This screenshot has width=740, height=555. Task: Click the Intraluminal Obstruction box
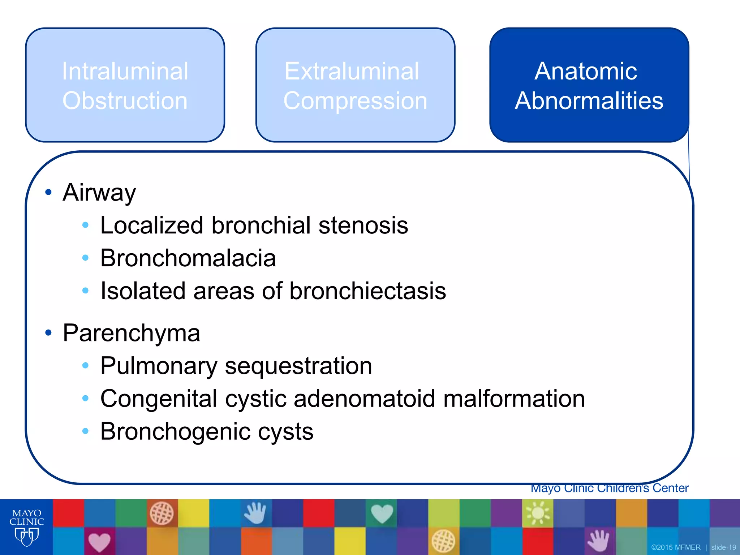click(125, 85)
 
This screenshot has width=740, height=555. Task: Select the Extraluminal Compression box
click(355, 85)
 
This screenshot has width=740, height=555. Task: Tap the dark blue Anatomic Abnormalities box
click(589, 85)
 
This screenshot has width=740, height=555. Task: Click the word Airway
click(99, 192)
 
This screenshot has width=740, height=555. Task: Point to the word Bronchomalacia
click(188, 258)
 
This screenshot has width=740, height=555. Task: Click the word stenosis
click(363, 225)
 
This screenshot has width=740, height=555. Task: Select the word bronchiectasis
click(367, 291)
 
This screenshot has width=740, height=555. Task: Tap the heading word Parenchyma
click(131, 333)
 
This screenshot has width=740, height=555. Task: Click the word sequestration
click(298, 366)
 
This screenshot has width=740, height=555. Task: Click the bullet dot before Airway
click(48, 192)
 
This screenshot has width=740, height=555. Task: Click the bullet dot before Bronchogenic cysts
click(85, 431)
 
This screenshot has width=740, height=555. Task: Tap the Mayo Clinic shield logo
click(26, 536)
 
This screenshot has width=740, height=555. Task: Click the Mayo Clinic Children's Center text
click(609, 489)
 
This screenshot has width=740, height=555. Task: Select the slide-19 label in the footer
click(723, 547)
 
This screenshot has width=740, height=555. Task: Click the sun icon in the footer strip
click(538, 513)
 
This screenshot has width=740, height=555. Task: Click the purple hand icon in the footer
click(599, 541)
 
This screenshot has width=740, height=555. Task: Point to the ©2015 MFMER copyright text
click(676, 547)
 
